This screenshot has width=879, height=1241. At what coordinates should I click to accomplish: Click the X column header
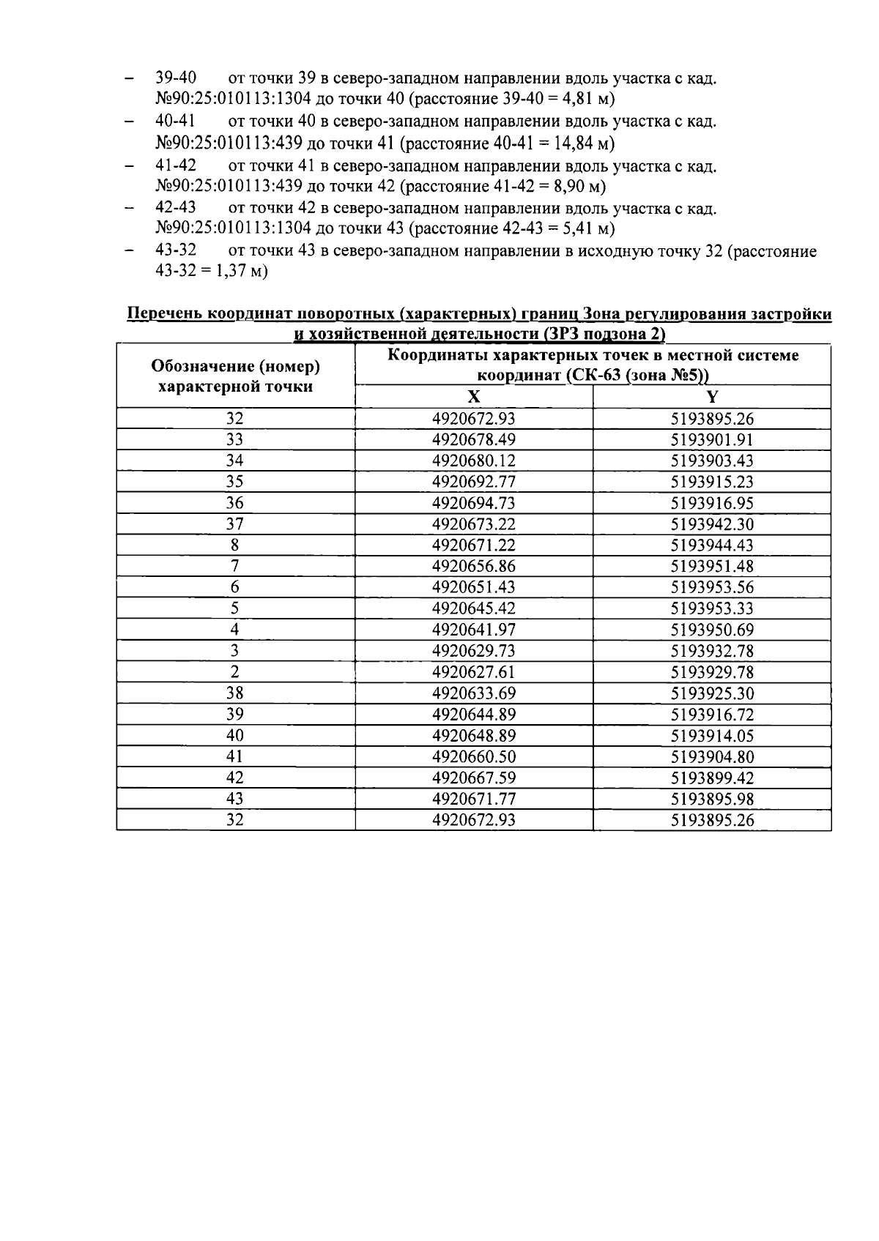click(x=474, y=397)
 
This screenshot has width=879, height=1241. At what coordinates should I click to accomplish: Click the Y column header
click(x=712, y=397)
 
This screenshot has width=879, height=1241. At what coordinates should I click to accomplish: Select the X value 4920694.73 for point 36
click(x=473, y=503)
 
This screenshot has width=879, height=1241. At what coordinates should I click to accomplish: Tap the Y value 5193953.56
click(x=712, y=587)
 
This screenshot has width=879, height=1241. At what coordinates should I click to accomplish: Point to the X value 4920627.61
click(x=473, y=672)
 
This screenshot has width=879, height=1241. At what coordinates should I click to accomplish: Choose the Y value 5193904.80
click(x=712, y=757)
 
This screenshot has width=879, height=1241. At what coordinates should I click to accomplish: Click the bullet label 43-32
click(x=176, y=251)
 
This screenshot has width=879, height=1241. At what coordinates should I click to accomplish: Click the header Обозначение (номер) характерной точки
click(x=236, y=376)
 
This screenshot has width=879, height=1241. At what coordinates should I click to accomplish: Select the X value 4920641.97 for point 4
click(x=473, y=630)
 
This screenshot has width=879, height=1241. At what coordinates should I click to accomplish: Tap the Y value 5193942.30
click(x=712, y=524)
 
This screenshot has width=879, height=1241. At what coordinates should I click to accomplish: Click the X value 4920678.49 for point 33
click(x=473, y=440)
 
